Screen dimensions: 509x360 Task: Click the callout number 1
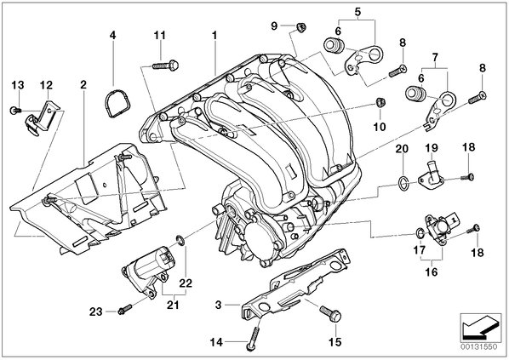click(x=214, y=36)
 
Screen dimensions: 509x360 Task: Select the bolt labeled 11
click(x=166, y=65)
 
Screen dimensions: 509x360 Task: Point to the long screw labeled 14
click(x=253, y=338)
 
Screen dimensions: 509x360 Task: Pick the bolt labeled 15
click(x=330, y=313)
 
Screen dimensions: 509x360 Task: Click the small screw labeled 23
click(x=125, y=309)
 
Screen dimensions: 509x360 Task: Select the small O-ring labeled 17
click(x=420, y=232)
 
